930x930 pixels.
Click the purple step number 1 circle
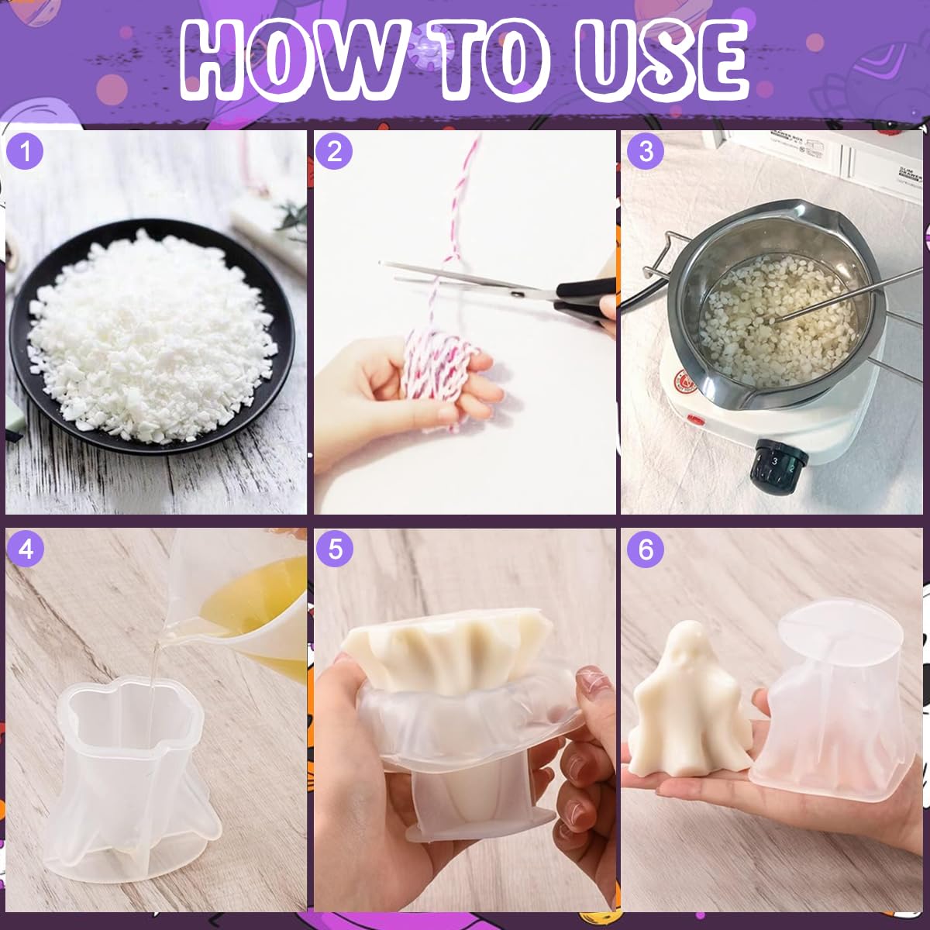tap(25, 151)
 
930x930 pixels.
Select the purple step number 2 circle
tap(334, 151)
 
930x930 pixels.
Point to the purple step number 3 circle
tap(646, 151)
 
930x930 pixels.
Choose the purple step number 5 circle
tap(335, 549)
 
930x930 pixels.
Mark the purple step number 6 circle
tap(646, 549)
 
